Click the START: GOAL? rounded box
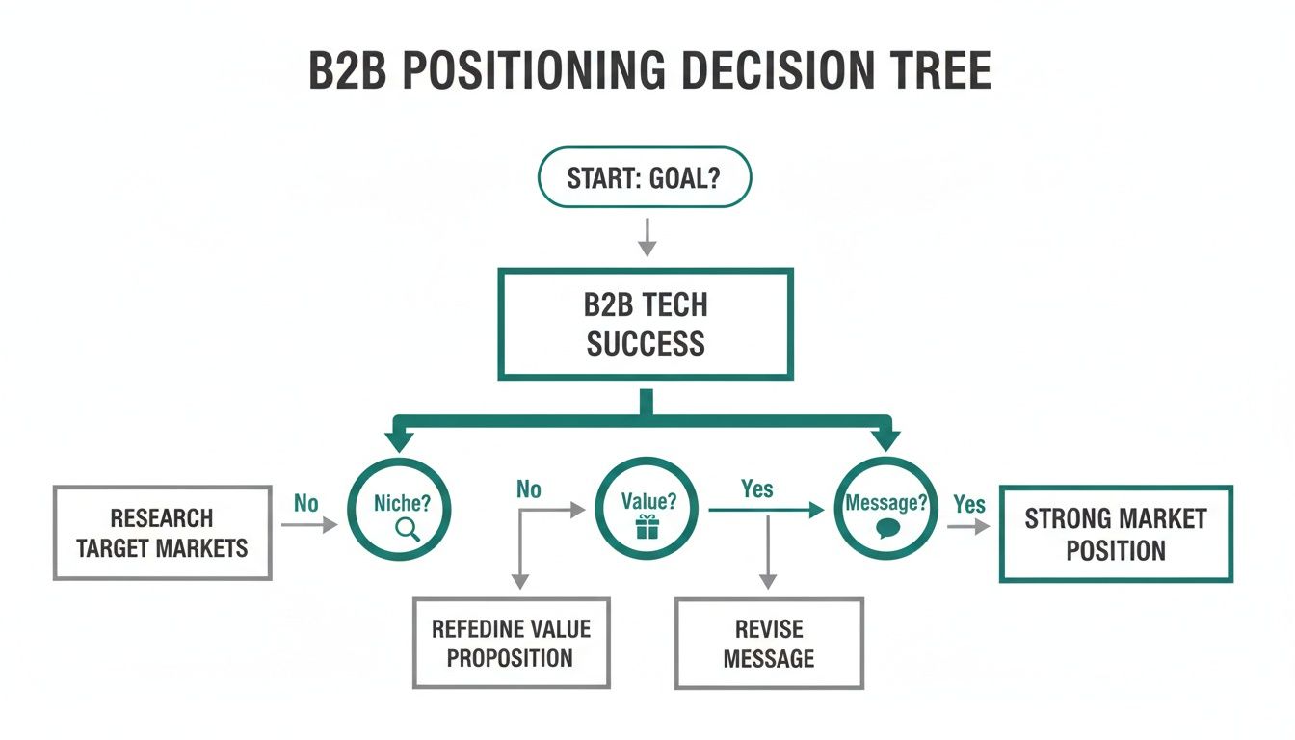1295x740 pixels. coord(644,177)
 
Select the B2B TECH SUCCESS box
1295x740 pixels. coord(645,324)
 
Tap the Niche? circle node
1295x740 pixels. coord(399,510)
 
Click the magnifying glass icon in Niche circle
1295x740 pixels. coord(409,528)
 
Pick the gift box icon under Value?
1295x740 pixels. coord(646,527)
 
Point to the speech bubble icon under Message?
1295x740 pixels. coord(885,528)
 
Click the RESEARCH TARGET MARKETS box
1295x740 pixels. coord(162,533)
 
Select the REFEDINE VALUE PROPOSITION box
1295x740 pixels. coord(511,644)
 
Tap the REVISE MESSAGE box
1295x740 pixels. coord(769,644)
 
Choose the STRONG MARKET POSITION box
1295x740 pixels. coord(1115,534)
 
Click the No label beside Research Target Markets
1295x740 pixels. coord(305,504)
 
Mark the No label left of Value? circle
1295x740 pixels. coord(528,489)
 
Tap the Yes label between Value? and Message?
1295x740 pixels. coord(756,489)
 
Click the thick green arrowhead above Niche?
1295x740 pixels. coord(399,438)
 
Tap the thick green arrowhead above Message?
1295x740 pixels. coord(885,438)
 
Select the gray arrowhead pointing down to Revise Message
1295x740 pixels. coord(768,581)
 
